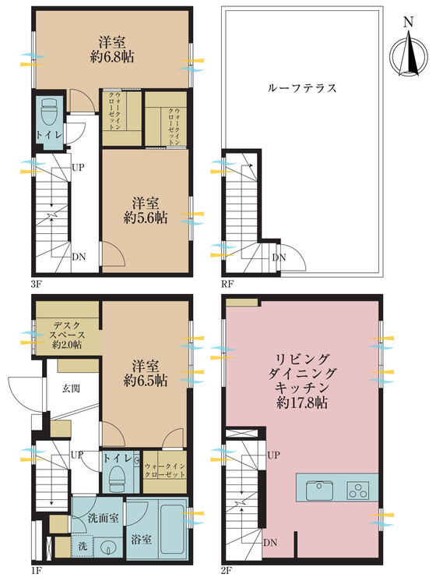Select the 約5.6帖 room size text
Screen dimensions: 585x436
[145, 219]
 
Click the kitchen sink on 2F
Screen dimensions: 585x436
[319, 491]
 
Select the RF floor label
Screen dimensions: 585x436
[228, 283]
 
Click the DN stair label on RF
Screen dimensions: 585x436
[280, 259]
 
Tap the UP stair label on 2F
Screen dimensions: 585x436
[274, 455]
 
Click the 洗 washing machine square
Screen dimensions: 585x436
[82, 547]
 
